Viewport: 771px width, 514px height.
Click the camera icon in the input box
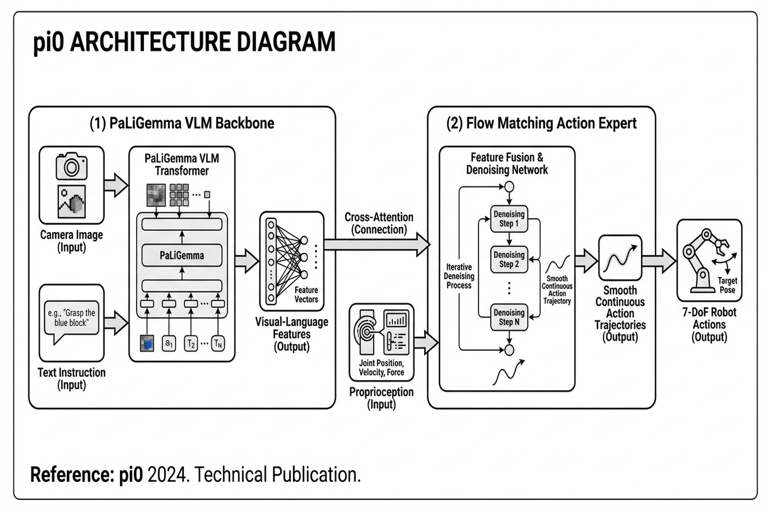(71, 166)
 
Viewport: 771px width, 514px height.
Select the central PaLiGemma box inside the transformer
(182, 255)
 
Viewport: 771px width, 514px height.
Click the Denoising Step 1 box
(509, 219)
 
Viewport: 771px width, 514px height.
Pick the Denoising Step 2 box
(509, 260)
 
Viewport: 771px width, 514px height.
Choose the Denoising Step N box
(509, 317)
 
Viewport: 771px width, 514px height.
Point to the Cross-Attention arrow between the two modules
(376, 244)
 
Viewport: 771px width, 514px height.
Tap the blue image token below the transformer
(147, 343)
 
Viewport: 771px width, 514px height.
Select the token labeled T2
(191, 343)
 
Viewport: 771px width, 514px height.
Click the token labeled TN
(218, 343)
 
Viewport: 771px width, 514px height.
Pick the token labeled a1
(169, 343)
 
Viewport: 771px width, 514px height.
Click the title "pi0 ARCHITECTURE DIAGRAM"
(184, 42)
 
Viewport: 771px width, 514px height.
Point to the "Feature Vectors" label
(306, 295)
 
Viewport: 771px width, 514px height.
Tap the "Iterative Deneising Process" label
(459, 276)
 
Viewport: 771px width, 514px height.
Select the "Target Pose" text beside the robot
(727, 285)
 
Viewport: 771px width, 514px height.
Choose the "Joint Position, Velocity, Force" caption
(381, 367)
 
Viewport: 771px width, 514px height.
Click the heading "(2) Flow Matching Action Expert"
(541, 123)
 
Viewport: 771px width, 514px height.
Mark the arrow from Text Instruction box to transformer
(116, 323)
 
